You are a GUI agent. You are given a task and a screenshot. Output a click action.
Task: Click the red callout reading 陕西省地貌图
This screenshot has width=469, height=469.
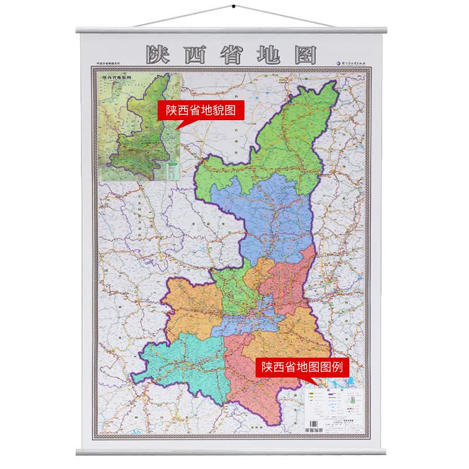tap(199, 110)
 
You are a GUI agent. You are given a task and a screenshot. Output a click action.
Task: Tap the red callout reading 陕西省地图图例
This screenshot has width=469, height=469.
tap(299, 367)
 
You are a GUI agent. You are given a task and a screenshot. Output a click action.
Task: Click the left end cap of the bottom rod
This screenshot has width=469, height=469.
tap(79, 451)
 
